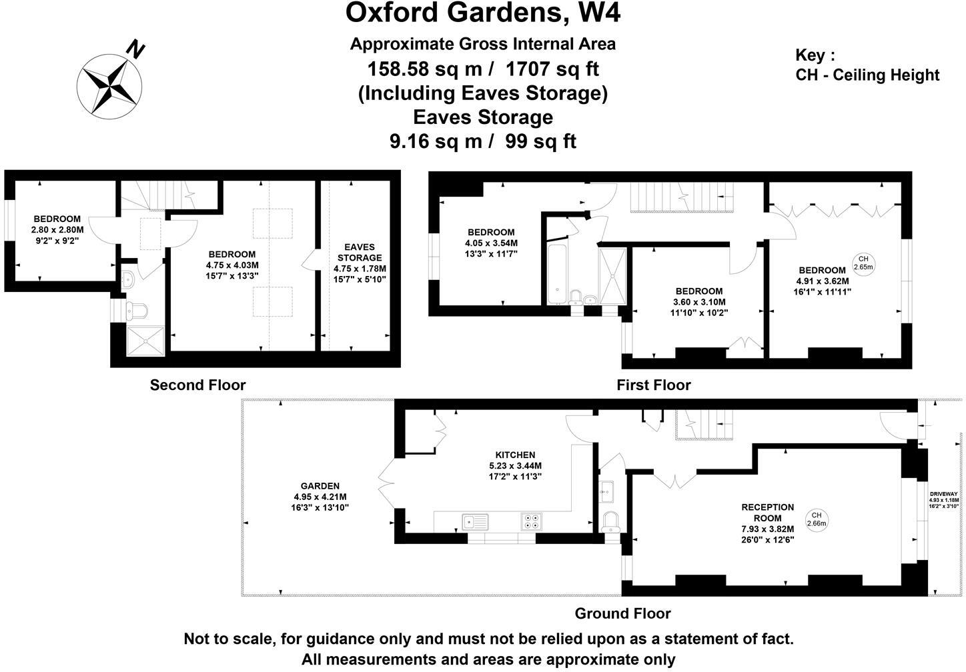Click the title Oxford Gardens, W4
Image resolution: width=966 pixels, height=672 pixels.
point(482,13)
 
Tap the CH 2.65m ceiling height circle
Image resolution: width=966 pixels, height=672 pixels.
point(864,263)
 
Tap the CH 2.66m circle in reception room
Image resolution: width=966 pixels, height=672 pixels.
point(816,519)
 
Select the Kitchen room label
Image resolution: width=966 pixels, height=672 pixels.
point(515,455)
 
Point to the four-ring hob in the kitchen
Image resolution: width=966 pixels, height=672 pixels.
point(531,521)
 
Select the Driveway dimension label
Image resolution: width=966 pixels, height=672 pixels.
point(943,499)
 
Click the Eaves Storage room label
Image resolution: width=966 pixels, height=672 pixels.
point(360,252)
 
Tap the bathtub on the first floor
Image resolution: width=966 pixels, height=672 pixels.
point(558,273)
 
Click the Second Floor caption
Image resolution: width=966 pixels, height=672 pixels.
point(197,385)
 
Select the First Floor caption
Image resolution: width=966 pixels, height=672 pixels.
point(653,385)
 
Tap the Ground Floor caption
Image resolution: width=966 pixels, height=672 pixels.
point(622,613)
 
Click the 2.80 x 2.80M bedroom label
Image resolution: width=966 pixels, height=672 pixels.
point(57,229)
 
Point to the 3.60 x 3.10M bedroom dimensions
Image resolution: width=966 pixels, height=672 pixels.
point(698,302)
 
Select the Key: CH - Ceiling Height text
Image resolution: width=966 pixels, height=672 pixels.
point(867,65)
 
